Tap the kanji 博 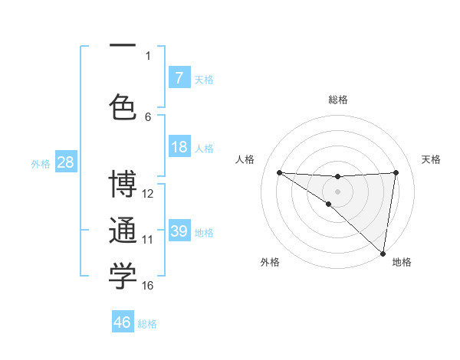(x=123, y=186)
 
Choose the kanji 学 (x=123, y=277)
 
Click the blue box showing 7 (x=179, y=78)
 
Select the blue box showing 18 (x=179, y=147)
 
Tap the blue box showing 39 (x=179, y=231)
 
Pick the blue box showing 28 (x=65, y=162)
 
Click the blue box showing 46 (x=123, y=322)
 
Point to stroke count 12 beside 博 (x=148, y=194)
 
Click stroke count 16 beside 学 (x=148, y=286)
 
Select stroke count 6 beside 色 (x=148, y=116)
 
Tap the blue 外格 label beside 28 (x=40, y=163)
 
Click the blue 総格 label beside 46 (x=147, y=323)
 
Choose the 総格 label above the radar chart (x=338, y=100)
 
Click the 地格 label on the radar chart (x=402, y=262)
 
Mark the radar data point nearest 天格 (x=396, y=172)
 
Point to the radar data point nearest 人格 (x=279, y=172)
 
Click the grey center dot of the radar (x=337, y=189)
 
